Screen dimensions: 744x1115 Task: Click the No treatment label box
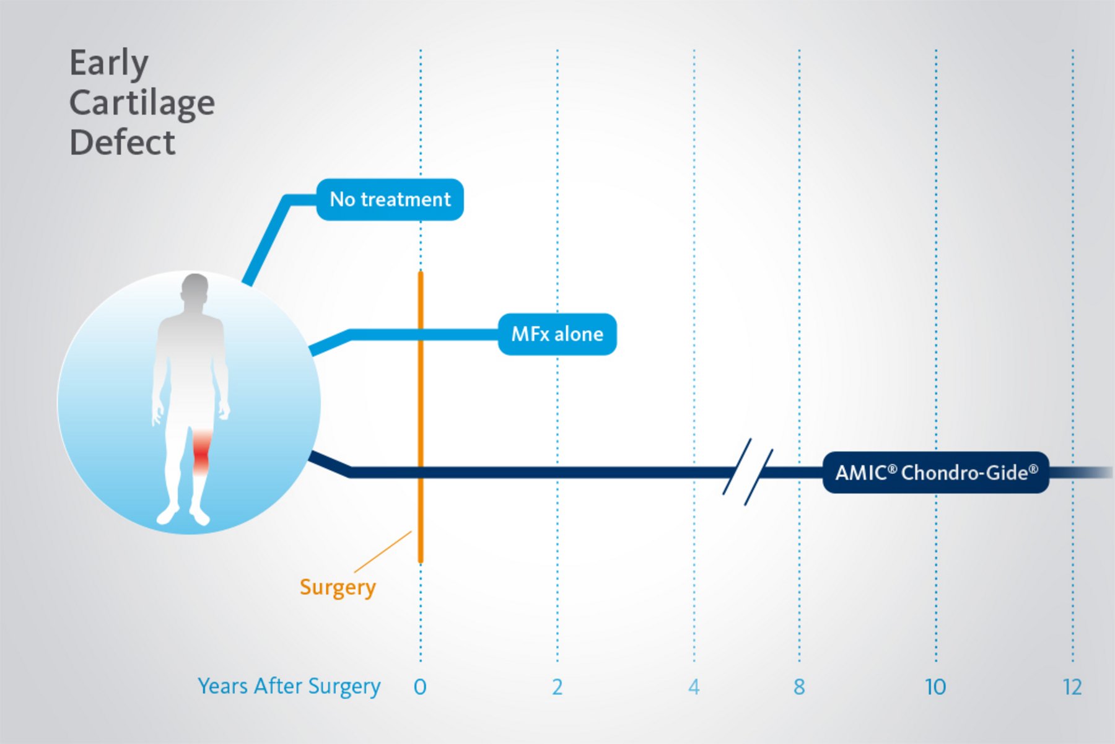(390, 199)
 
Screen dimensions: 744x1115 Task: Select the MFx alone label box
(557, 335)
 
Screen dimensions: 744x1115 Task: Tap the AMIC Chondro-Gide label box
(935, 473)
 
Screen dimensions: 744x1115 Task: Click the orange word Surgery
(338, 587)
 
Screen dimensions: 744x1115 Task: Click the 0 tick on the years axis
(420, 687)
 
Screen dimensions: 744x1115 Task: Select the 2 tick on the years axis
(557, 687)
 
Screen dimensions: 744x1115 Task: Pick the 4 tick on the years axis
(694, 687)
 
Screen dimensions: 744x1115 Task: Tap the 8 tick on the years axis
(799, 687)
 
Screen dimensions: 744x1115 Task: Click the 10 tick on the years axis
(935, 687)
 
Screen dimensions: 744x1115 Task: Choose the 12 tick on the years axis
(1072, 687)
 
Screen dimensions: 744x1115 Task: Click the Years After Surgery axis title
(289, 686)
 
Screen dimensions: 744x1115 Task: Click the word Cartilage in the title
(142, 103)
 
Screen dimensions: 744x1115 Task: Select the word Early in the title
(108, 63)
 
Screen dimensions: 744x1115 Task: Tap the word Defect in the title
(123, 142)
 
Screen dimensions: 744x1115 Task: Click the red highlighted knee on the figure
(201, 452)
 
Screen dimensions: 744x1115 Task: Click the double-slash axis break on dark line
(748, 472)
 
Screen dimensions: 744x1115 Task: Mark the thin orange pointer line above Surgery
(383, 551)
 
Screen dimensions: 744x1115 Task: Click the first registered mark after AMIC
(892, 469)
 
